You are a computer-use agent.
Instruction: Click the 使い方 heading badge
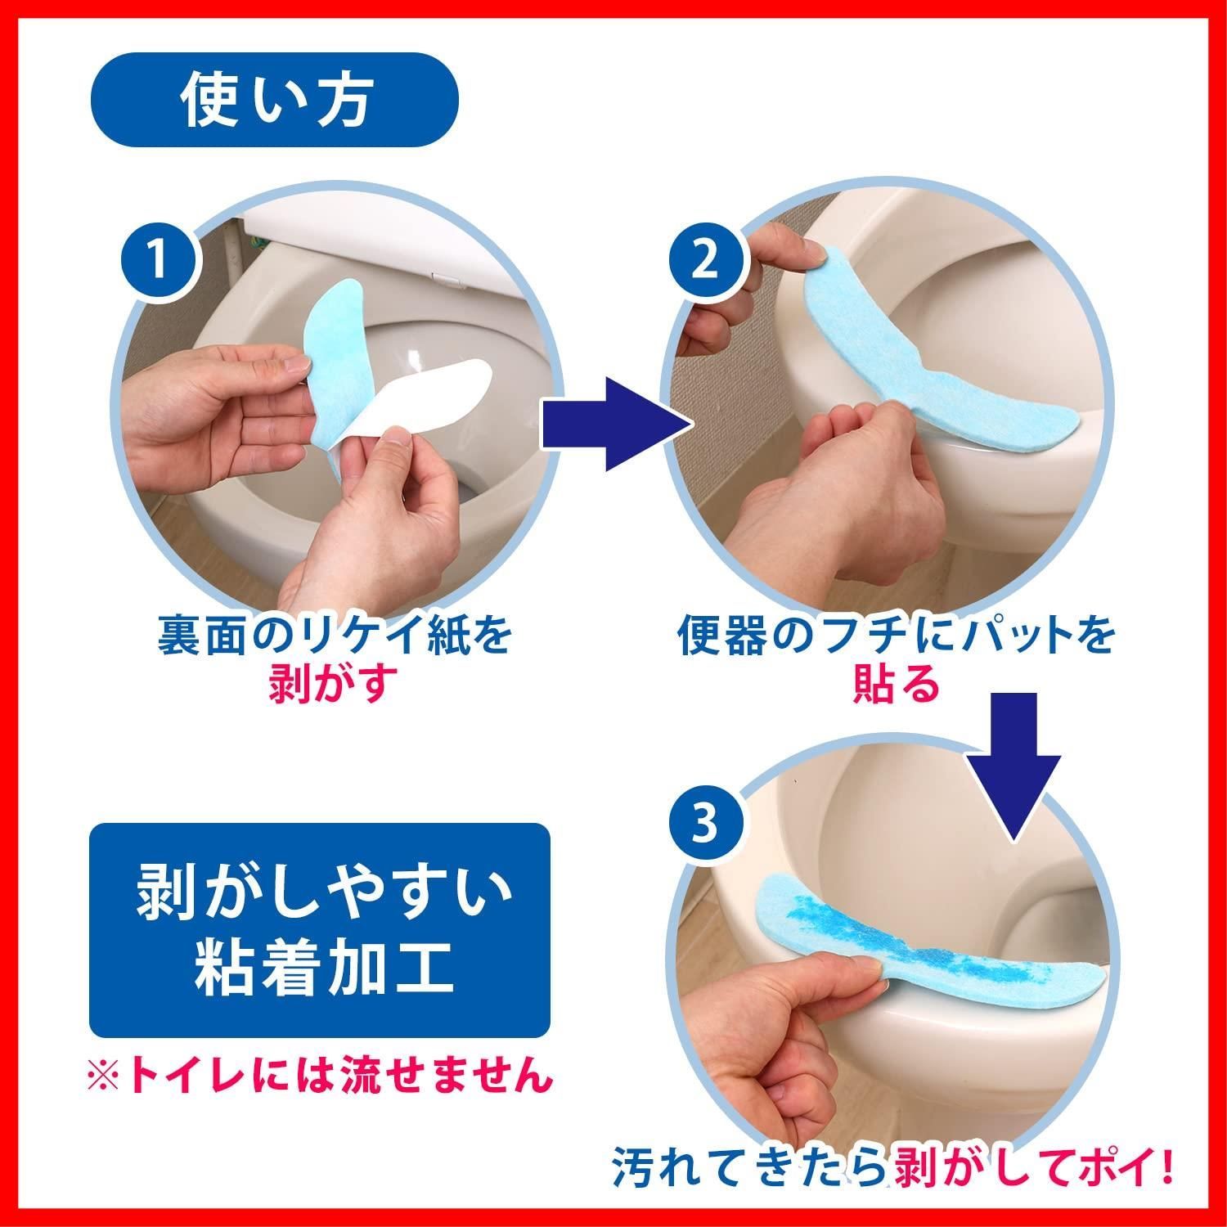(274, 100)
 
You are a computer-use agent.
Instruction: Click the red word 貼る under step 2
(896, 684)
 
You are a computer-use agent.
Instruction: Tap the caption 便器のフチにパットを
(897, 636)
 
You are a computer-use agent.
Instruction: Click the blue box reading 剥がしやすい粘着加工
(319, 931)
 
